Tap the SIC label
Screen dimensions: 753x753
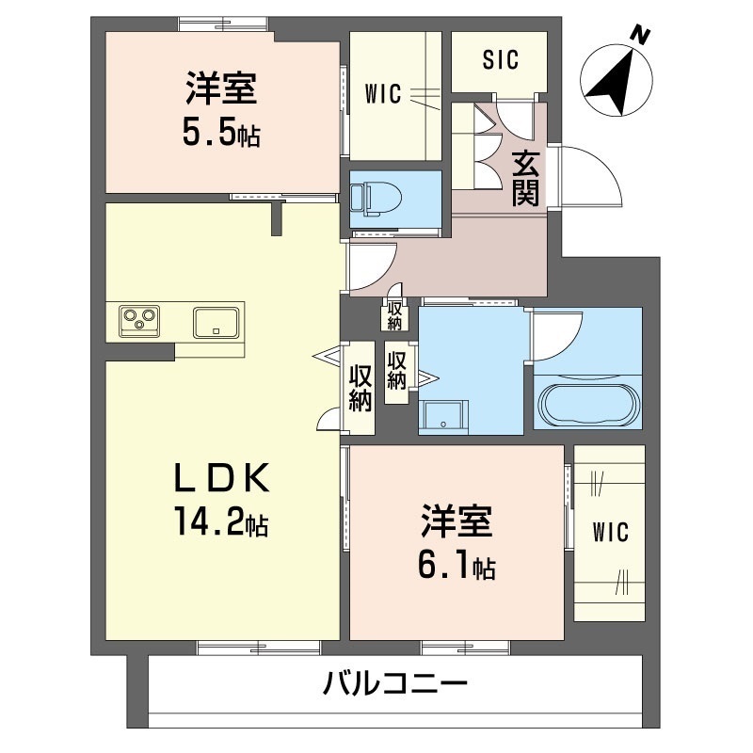tap(500, 61)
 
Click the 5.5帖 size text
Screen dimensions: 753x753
tap(221, 134)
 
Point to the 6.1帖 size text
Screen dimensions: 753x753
tap(457, 567)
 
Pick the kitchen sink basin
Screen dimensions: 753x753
tap(217, 322)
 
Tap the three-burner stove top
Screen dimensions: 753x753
tap(140, 320)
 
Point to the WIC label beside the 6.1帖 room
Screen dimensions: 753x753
tap(609, 532)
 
